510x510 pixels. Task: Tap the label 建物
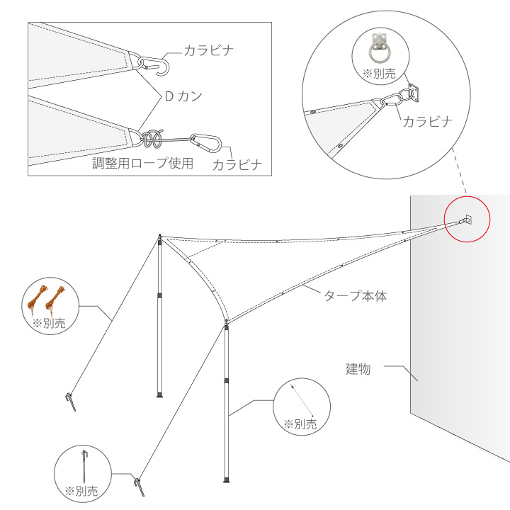coord(360,368)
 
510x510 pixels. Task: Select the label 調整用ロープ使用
coord(143,163)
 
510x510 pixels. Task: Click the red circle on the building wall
coord(467,221)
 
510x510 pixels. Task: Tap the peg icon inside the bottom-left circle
coord(85,463)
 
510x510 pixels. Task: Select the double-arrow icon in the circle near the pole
coord(302,400)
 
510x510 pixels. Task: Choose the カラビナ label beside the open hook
coord(208,50)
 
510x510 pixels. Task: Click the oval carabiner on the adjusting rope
coord(210,143)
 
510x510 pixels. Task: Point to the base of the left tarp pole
coord(160,395)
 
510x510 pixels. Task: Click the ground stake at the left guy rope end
coord(69,402)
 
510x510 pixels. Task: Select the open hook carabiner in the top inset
coord(155,64)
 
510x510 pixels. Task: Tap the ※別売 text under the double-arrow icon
coord(300,424)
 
